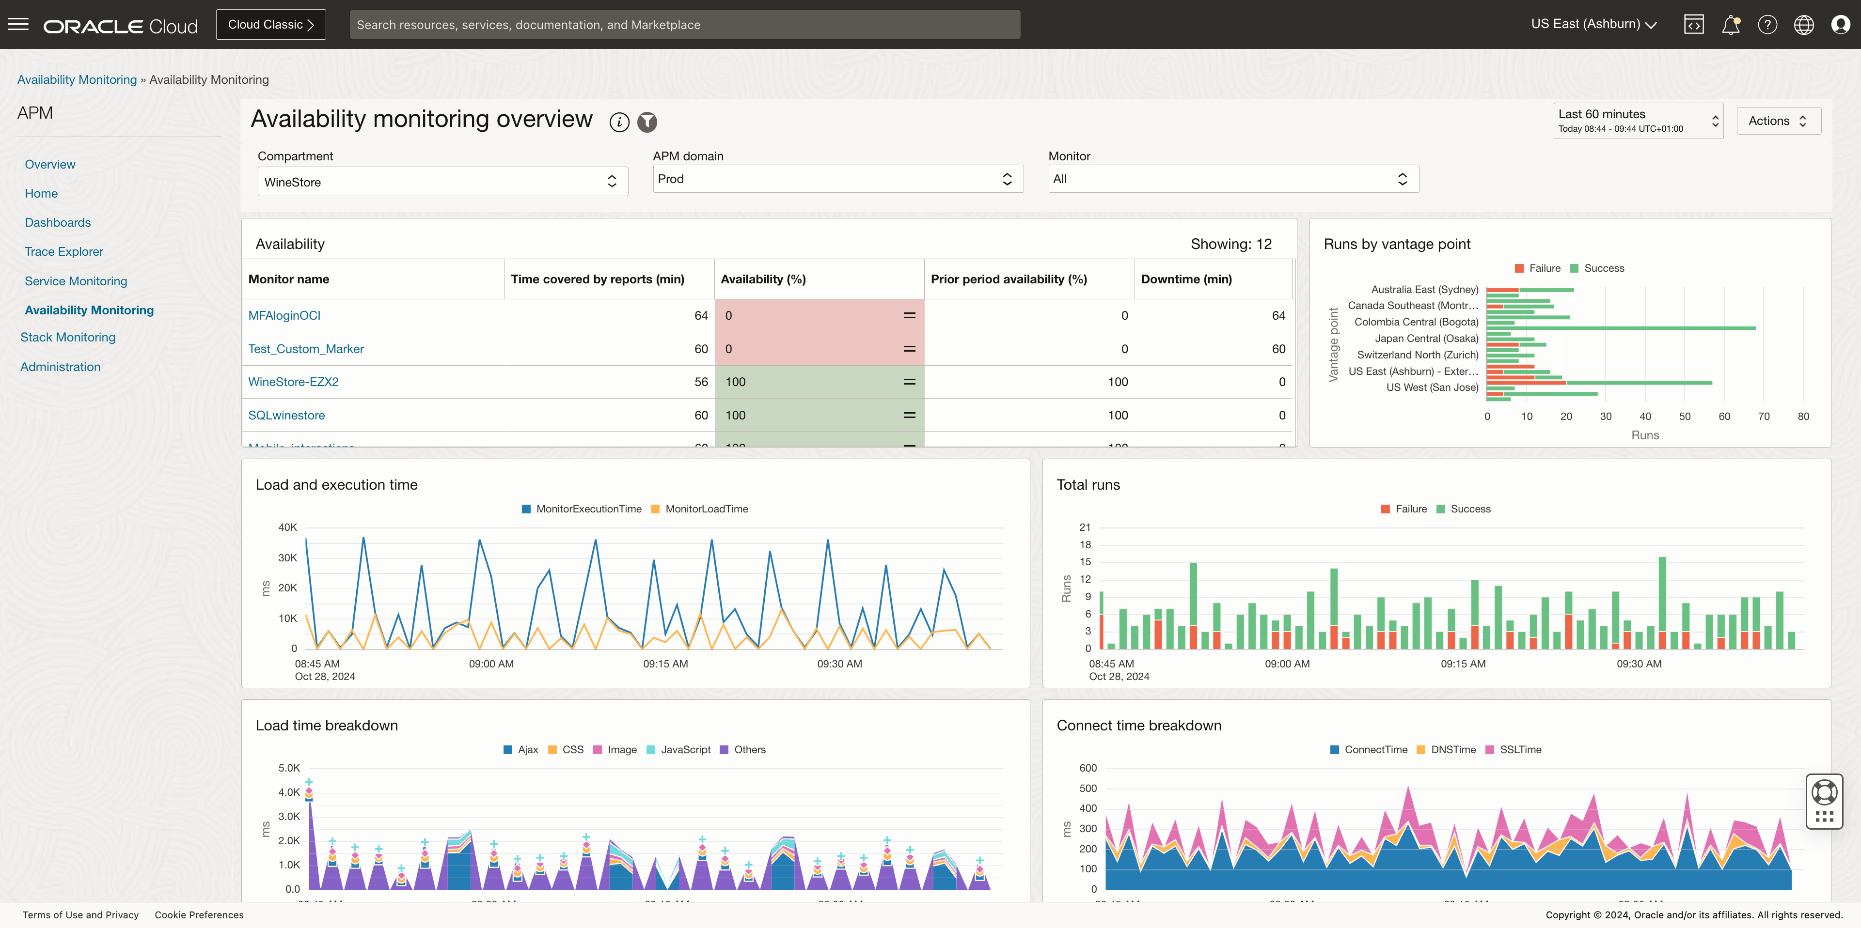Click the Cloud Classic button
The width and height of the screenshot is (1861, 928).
(271, 25)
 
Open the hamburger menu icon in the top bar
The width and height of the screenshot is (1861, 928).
(18, 25)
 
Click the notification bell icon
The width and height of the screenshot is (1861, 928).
(1730, 25)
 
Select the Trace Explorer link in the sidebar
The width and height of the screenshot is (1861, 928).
(63, 251)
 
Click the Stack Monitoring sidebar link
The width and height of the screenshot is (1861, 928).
(68, 337)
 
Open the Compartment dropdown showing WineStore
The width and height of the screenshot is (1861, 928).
(442, 182)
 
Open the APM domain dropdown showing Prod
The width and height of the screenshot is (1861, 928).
(837, 179)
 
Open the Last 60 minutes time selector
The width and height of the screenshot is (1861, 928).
(1638, 121)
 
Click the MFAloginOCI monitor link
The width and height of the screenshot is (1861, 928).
(284, 316)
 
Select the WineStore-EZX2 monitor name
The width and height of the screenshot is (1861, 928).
(293, 382)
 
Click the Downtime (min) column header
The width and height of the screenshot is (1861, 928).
(1186, 279)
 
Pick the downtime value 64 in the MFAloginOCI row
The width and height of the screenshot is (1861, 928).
(1278, 316)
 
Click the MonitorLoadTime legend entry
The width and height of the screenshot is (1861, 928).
(706, 509)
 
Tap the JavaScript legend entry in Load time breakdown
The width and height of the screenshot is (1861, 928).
(685, 750)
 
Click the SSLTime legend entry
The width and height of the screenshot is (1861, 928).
(1520, 750)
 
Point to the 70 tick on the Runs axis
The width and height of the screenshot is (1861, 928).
(1764, 417)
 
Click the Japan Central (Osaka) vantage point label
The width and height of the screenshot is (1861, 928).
(1426, 339)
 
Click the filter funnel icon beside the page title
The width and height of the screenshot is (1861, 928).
(647, 122)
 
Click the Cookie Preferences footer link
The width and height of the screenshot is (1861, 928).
(199, 915)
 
